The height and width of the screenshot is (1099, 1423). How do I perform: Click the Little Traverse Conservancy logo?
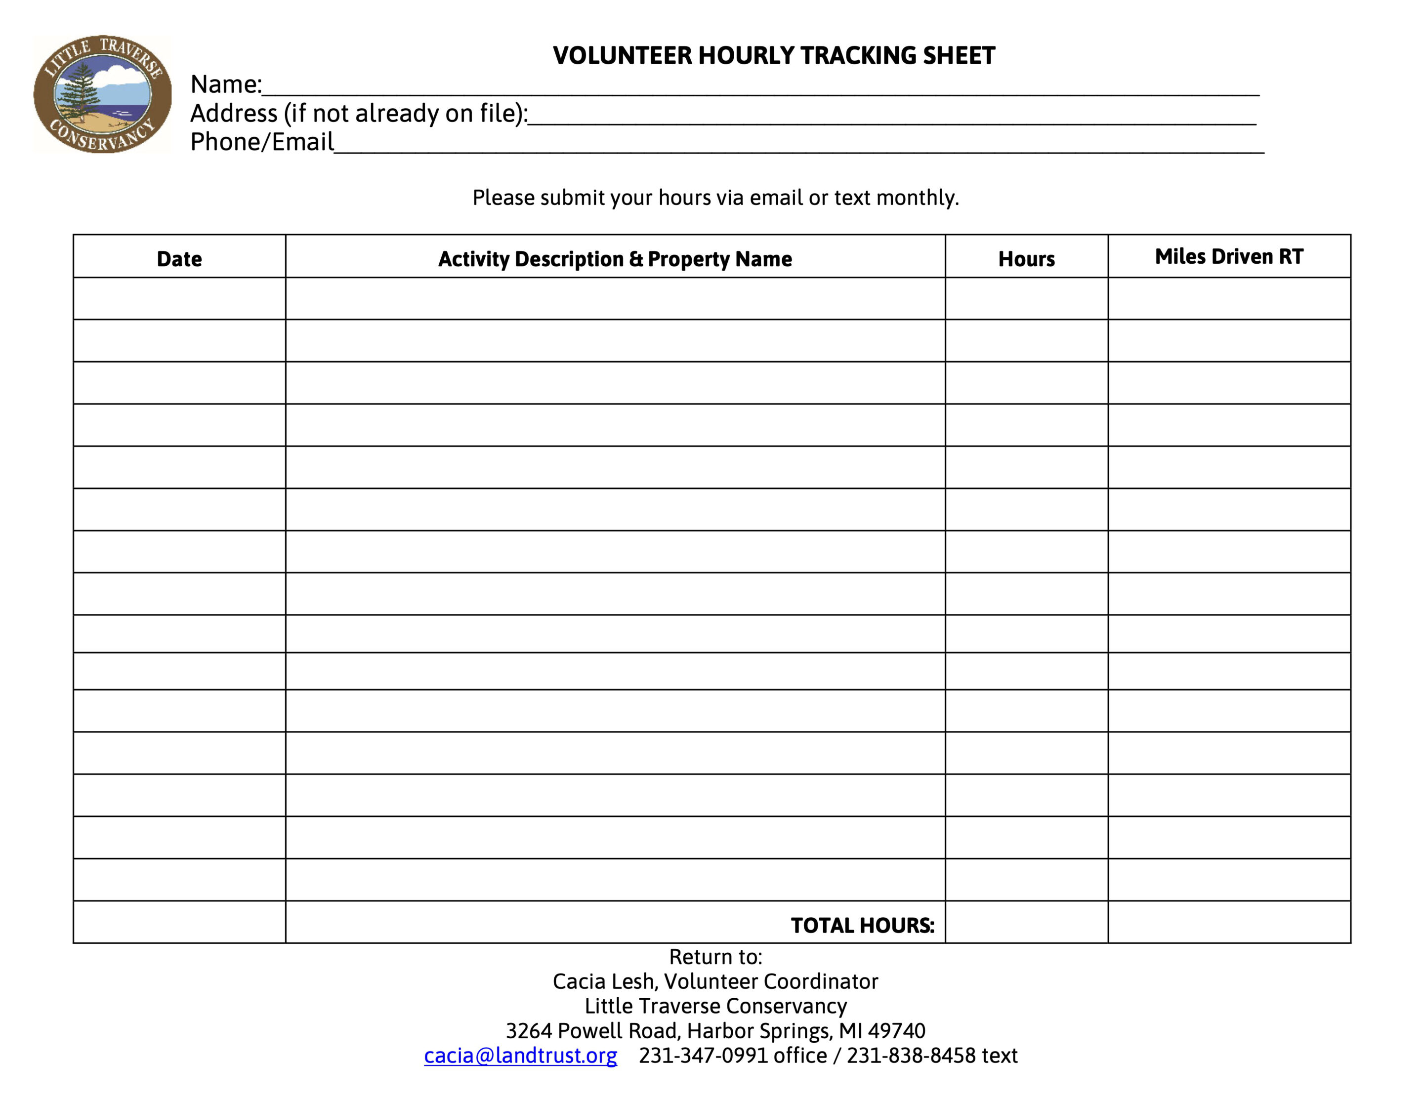pos(102,94)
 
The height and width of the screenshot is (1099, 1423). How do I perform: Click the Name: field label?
pos(225,84)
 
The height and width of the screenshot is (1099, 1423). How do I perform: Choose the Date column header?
pos(179,259)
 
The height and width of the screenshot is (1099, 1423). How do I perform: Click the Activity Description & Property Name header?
pos(615,259)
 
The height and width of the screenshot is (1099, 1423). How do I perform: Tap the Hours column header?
pos(1026,259)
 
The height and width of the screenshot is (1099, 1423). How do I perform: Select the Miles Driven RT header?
pos(1229,257)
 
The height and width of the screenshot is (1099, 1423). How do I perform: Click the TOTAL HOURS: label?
pos(862,925)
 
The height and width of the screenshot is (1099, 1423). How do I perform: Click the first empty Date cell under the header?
pos(179,298)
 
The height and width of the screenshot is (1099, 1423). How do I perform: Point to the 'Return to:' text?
pos(715,957)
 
